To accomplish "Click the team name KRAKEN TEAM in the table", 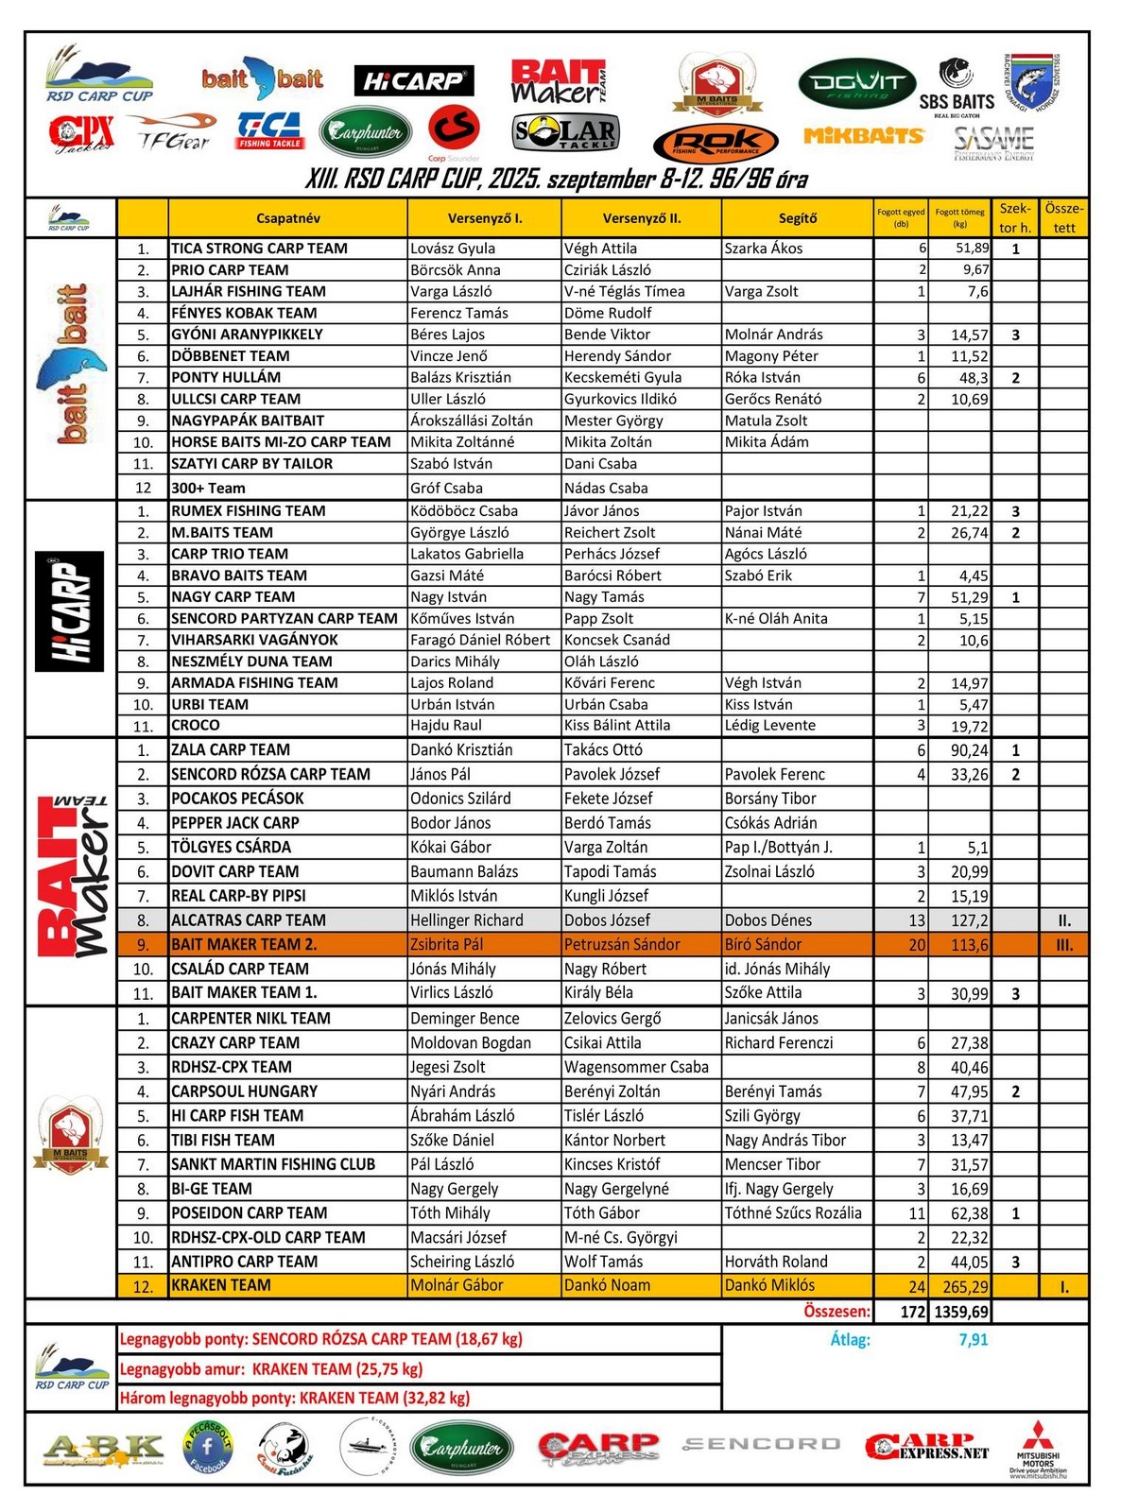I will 221,1285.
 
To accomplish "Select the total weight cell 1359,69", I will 960,1312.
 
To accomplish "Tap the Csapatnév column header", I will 287,218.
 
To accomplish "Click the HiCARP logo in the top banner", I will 413,81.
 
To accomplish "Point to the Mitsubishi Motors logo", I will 1038,1446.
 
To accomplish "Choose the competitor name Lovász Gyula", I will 453,249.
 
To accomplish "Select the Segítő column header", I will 797,218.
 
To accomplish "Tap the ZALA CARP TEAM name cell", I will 231,750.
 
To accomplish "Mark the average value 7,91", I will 973,1339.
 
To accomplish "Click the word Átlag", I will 850,1339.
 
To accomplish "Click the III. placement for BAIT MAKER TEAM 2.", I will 1063,944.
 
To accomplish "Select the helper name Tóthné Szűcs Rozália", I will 793,1213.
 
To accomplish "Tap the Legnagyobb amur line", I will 271,1368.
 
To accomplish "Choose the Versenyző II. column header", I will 641,218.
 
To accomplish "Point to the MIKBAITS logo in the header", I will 863,136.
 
